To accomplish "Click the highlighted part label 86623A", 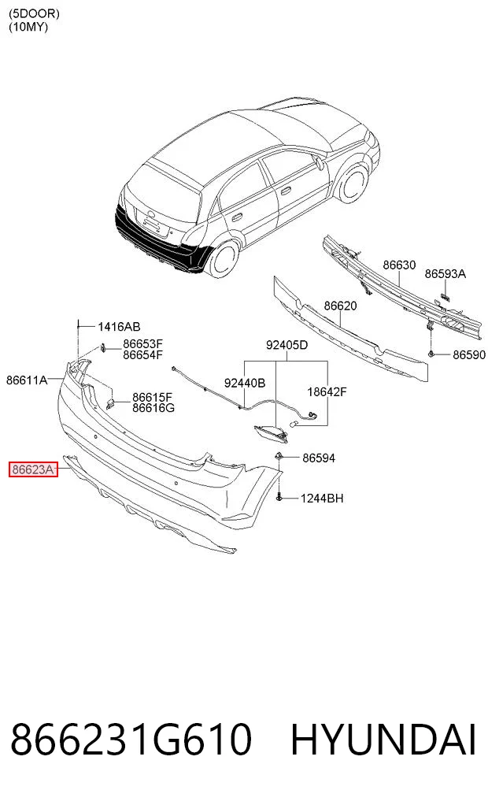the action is pyautogui.click(x=33, y=469).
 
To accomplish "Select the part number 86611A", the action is pyautogui.click(x=27, y=380).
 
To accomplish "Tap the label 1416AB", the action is pyautogui.click(x=119, y=326).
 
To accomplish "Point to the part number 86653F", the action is pyautogui.click(x=142, y=344).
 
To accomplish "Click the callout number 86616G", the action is pyautogui.click(x=153, y=408).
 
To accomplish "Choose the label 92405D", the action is pyautogui.click(x=287, y=345).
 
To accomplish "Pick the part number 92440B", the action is pyautogui.click(x=245, y=383).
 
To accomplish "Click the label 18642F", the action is pyautogui.click(x=327, y=391).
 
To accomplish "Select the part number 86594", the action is pyautogui.click(x=319, y=458).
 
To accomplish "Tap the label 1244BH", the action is pyautogui.click(x=322, y=498).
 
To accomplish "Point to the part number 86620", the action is pyautogui.click(x=341, y=306).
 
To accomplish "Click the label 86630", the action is pyautogui.click(x=399, y=265).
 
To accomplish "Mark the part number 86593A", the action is pyautogui.click(x=445, y=274).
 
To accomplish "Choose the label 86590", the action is pyautogui.click(x=469, y=354).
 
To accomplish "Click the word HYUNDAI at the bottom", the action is pyautogui.click(x=383, y=739).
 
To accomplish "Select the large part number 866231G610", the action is pyautogui.click(x=131, y=739).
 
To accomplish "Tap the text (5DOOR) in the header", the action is pyautogui.click(x=34, y=14).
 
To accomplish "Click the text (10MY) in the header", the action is pyautogui.click(x=28, y=27).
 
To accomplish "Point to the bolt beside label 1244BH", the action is pyautogui.click(x=279, y=496).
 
